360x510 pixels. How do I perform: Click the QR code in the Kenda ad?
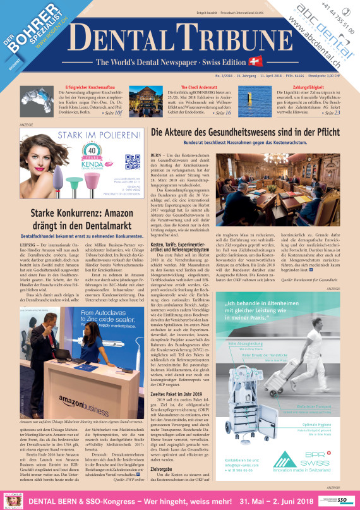[x=132, y=162]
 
